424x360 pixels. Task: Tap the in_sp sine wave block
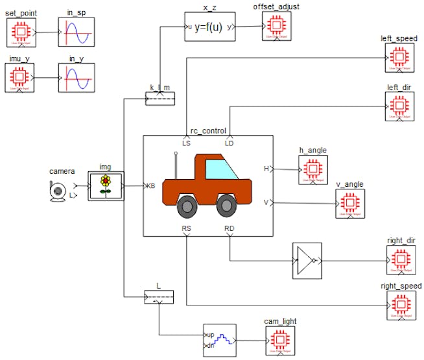click(x=77, y=31)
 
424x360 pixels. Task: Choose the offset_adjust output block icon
click(x=277, y=27)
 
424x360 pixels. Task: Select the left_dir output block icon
click(x=399, y=106)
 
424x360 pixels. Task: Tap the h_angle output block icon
click(x=313, y=169)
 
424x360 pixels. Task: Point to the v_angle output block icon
click(x=349, y=203)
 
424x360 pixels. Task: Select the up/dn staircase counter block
click(x=220, y=341)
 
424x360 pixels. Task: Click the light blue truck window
click(x=220, y=169)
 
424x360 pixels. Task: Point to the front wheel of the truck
click(x=226, y=206)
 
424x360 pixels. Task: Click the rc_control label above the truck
click(x=208, y=130)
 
